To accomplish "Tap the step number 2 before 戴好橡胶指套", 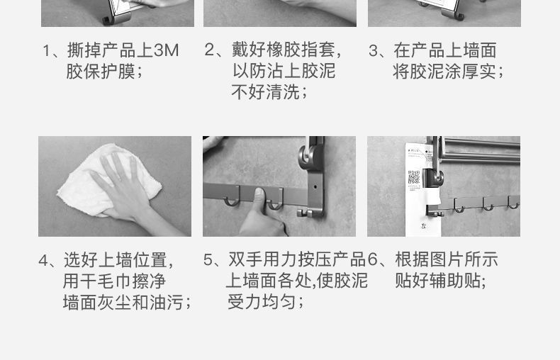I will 209,50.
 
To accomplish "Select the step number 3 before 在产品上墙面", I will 374,50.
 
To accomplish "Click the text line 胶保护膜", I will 104,72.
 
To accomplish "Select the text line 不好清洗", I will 269,92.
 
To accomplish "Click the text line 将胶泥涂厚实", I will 448,72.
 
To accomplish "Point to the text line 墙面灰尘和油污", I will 127,303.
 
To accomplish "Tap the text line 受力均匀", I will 265,301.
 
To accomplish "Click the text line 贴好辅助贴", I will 440,281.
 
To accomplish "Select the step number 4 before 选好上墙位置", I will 44,260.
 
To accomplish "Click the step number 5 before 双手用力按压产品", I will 208,260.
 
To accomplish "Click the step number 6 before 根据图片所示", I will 373,260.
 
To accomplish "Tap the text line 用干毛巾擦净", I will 114,281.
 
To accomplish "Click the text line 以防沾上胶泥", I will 284,71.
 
